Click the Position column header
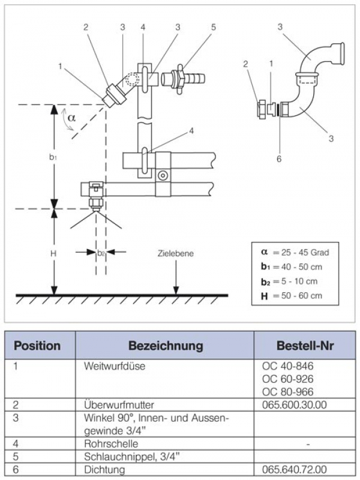(37, 346)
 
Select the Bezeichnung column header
(165, 346)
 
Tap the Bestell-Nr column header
(305, 346)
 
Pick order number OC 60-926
(287, 379)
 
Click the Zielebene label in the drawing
(176, 254)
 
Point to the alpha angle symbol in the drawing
(71, 118)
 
